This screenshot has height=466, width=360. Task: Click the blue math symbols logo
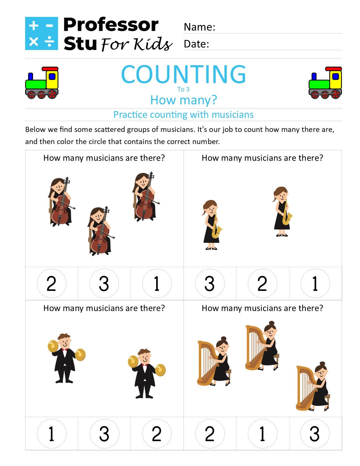click(42, 33)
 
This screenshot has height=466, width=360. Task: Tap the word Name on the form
click(199, 27)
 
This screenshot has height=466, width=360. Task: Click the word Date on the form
click(196, 44)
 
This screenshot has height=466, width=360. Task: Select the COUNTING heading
click(183, 74)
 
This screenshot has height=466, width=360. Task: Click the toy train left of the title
click(42, 83)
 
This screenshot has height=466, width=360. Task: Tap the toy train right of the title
click(325, 83)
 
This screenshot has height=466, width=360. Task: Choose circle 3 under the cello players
click(104, 283)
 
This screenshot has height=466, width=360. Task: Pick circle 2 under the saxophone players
click(262, 283)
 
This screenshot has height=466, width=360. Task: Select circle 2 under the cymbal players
click(157, 434)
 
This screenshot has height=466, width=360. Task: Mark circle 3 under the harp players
click(315, 434)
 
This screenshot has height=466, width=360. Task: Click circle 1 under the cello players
click(157, 283)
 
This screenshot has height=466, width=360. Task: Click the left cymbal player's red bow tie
click(65, 350)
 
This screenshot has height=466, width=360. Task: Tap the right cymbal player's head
click(145, 356)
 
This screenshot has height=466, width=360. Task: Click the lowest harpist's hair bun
click(322, 364)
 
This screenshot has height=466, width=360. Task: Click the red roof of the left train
click(50, 69)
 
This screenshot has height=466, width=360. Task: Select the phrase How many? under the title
click(183, 100)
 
